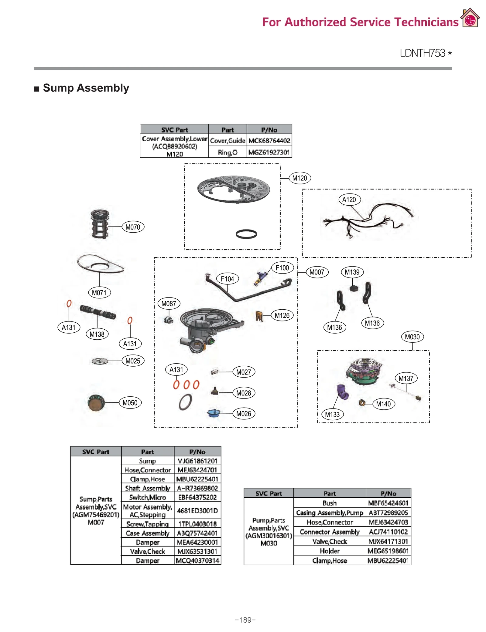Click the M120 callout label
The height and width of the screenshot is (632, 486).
299,178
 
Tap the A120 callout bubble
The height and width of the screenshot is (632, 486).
349,200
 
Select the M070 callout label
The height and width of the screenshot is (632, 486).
133,227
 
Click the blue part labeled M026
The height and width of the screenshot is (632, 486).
214,413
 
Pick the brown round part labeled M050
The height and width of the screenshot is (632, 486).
96,403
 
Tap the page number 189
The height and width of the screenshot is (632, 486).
245,620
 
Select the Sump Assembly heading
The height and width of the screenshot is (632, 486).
86,88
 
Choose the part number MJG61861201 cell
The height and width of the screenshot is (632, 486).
197,461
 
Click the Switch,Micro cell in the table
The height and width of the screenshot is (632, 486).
148,497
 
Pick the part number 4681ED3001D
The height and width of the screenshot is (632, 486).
197,511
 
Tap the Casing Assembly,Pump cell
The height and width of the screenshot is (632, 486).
330,513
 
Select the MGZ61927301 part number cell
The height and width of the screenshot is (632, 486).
269,152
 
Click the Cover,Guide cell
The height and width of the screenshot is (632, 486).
228,141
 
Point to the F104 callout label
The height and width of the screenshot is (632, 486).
227,279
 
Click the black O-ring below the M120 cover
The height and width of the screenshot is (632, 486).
246,234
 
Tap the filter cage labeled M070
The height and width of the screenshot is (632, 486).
100,224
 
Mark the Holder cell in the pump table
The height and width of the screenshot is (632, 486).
330,551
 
